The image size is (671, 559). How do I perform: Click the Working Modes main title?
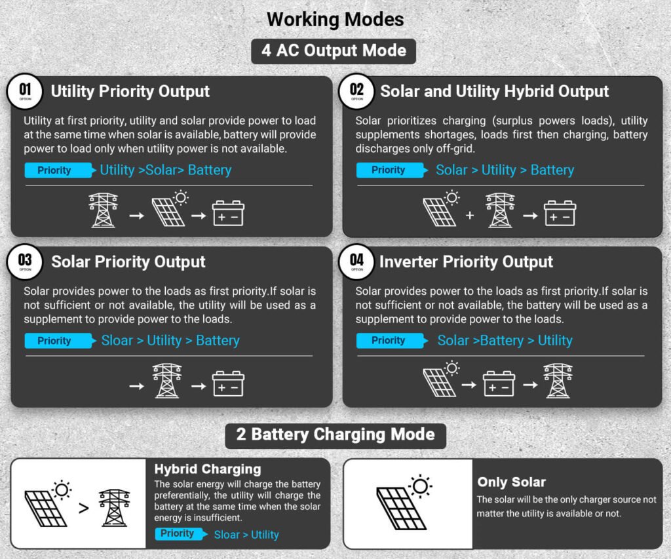point(335,19)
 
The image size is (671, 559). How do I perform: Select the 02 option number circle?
point(356,91)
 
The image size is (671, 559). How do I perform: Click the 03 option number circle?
point(25,261)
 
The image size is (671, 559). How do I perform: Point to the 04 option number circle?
point(356,261)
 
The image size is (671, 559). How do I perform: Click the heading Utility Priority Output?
point(130,91)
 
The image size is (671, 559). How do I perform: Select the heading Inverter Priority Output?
point(466,261)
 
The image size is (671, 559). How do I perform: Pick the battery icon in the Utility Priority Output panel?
point(228,213)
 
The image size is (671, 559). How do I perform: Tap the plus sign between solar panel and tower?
point(470,216)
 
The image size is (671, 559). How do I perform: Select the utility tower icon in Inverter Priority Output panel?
point(558,381)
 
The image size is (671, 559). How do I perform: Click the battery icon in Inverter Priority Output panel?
point(499,383)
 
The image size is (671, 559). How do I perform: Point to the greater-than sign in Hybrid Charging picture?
point(84,508)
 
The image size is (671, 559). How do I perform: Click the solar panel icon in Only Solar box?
point(404,502)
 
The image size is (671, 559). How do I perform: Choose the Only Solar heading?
point(511,482)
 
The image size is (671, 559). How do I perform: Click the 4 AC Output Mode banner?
point(334,51)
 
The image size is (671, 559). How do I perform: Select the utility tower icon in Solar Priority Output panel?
point(167,381)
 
